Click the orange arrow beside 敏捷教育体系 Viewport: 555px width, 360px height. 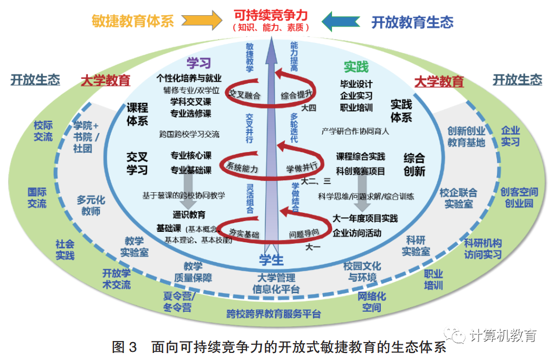(x=202, y=21)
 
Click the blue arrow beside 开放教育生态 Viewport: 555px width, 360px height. (x=341, y=21)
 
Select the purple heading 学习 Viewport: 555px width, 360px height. (x=199, y=63)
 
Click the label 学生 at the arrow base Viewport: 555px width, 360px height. (x=271, y=259)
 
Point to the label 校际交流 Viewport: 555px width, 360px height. (x=43, y=131)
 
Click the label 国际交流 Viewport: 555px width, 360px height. (x=37, y=198)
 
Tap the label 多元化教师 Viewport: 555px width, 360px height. (x=91, y=205)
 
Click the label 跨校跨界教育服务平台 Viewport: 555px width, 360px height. (x=273, y=314)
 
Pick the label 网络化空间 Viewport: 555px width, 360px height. (x=372, y=302)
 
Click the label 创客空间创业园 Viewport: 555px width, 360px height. (x=519, y=198)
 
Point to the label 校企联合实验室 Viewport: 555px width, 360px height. (x=458, y=198)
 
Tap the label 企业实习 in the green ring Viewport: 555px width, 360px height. (x=510, y=136)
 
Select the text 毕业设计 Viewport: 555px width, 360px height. (x=356, y=84)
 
